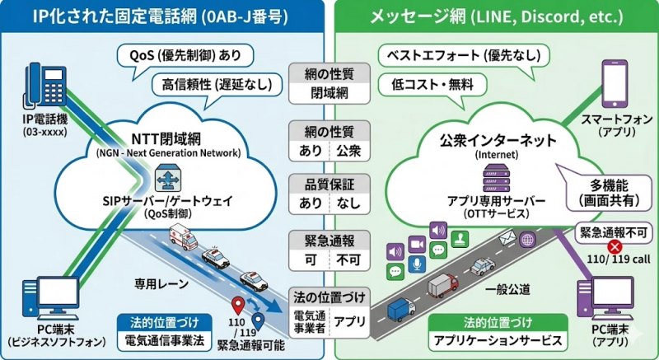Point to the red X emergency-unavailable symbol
pyautogui.click(x=613, y=246)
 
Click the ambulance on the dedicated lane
pyautogui.click(x=184, y=235)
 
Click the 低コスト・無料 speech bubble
pyautogui.click(x=427, y=84)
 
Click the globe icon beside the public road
pyautogui.click(x=528, y=240)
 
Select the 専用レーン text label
pyautogui.click(x=161, y=284)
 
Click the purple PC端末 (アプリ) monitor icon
pyautogui.click(x=607, y=297)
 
